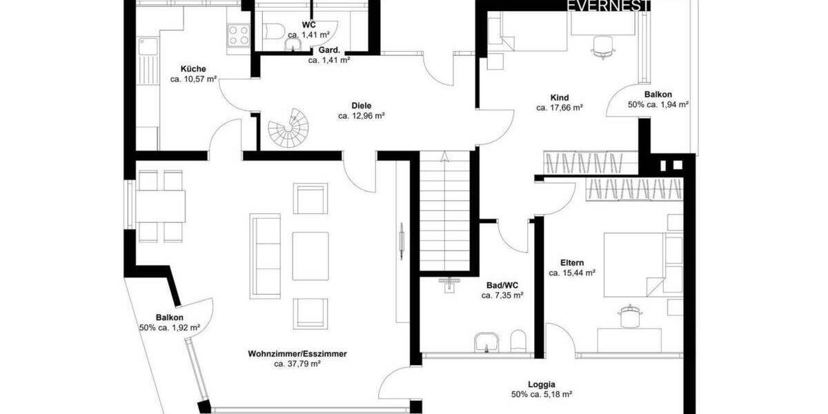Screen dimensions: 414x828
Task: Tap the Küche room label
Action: [x=193, y=69]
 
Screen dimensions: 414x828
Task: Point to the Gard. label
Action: [x=328, y=50]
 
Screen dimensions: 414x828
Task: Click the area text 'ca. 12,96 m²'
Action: [x=361, y=116]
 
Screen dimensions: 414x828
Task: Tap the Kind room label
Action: [x=560, y=97]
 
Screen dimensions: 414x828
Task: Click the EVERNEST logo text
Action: [x=608, y=6]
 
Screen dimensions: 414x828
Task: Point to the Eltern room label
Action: [x=572, y=263]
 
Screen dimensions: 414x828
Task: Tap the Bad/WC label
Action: [x=502, y=285]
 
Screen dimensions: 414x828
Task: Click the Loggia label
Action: [x=542, y=385]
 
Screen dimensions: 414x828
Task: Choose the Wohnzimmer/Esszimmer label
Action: [x=297, y=354]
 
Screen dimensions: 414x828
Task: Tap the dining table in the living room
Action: [x=161, y=206]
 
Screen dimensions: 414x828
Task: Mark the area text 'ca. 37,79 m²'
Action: [x=297, y=364]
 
